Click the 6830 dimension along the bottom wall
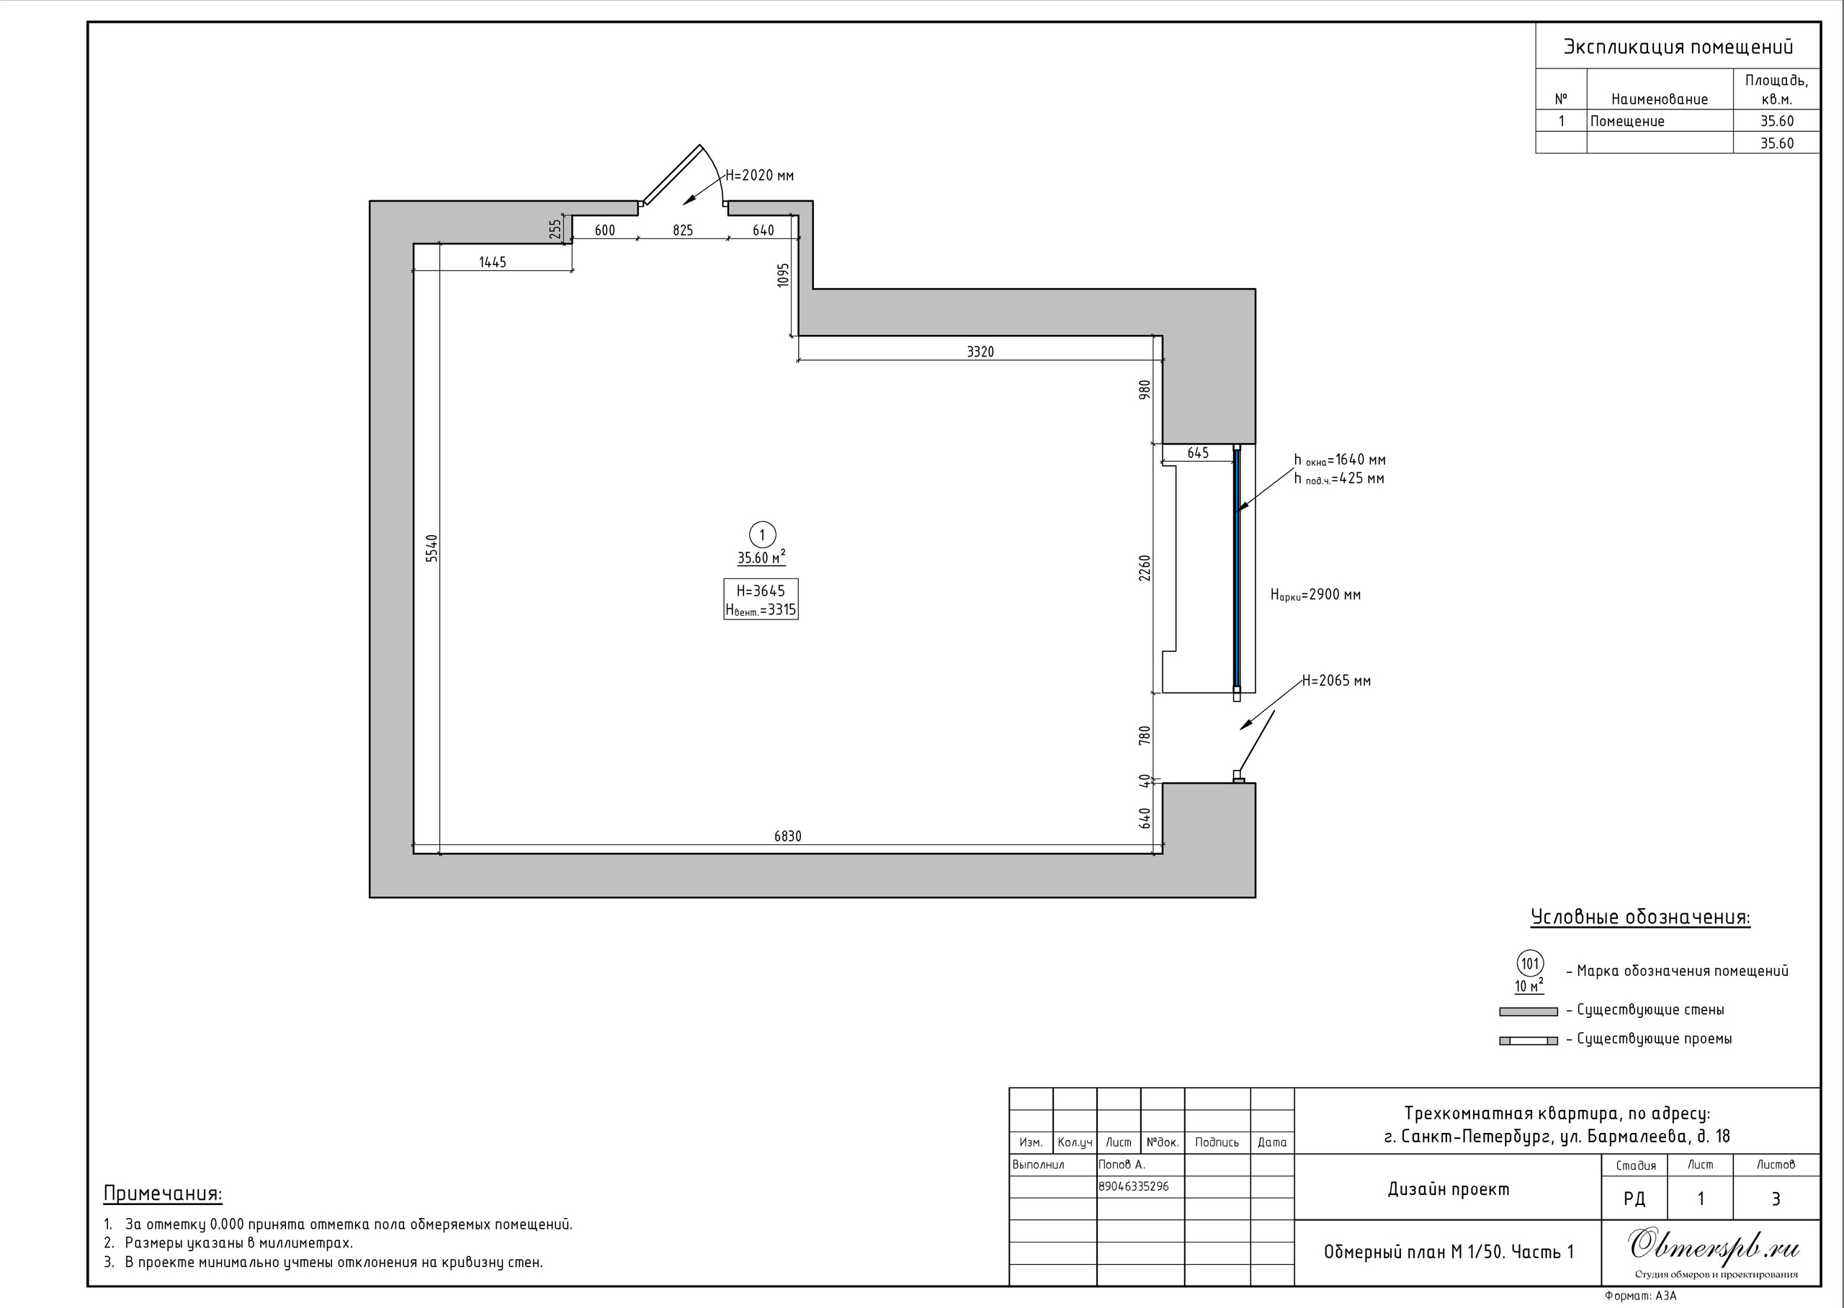[787, 836]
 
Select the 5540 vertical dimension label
[431, 547]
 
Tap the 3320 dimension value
[980, 351]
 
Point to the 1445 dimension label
[492, 261]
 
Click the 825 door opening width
[683, 230]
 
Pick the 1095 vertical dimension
[784, 275]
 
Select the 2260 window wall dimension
[1145, 568]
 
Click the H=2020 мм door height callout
[759, 176]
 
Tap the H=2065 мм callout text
[1336, 681]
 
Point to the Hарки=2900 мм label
[1316, 595]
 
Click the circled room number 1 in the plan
[762, 535]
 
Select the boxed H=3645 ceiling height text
[760, 591]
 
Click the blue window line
[1237, 568]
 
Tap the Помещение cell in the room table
[1627, 122]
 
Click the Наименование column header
[1660, 100]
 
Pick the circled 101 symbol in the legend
[1530, 963]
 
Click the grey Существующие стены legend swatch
[1529, 1011]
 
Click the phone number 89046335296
[1134, 1186]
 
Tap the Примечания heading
[163, 1193]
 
